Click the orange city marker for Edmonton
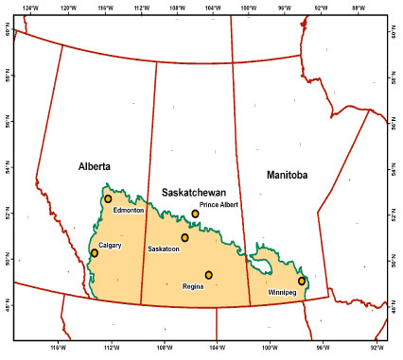tap(108, 198)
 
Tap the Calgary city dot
tap(95, 253)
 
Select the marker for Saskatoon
tap(185, 238)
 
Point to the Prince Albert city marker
tap(196, 214)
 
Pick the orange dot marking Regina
tap(209, 275)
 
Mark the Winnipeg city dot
tap(302, 281)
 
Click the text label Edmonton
tap(128, 211)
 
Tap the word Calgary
tap(112, 244)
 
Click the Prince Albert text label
tap(219, 204)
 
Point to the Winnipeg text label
tap(282, 293)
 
